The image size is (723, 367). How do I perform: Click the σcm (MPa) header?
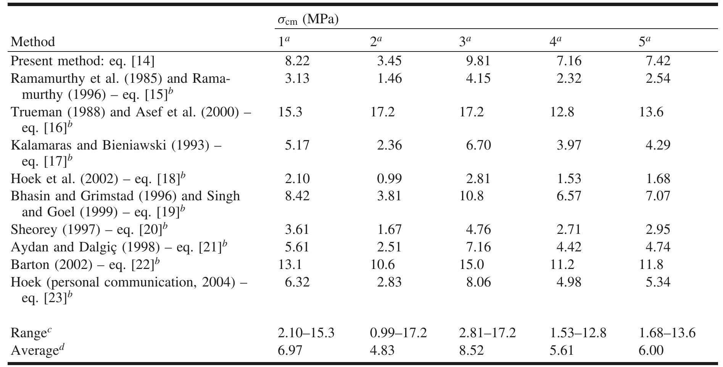click(308, 19)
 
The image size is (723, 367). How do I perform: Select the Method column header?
click(33, 41)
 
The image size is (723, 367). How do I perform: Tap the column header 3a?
click(465, 41)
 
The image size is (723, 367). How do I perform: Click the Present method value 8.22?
click(297, 61)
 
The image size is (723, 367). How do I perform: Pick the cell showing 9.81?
click(478, 61)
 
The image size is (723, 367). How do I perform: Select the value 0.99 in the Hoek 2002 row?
click(389, 178)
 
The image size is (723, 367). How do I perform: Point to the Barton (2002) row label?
click(85, 264)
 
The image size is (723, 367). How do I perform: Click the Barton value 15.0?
click(472, 264)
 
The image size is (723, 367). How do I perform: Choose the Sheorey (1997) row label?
click(89, 229)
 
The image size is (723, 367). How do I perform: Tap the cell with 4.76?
click(478, 229)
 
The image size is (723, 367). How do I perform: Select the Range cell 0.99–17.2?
click(398, 333)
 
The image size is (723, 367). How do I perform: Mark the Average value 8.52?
click(472, 350)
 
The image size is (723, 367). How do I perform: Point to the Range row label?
click(31, 333)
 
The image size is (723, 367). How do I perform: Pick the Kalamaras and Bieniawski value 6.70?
click(478, 145)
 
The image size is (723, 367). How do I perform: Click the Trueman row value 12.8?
click(562, 112)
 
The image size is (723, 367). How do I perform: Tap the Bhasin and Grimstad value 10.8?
click(472, 196)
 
